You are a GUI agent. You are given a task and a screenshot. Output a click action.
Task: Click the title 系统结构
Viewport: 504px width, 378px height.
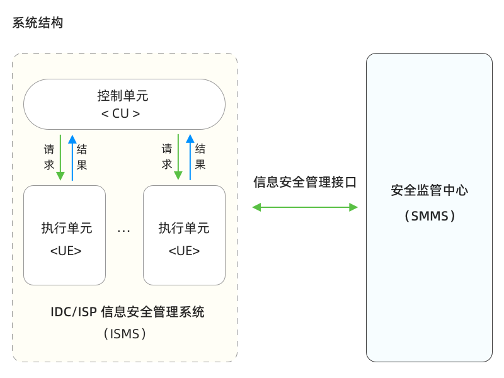(x=38, y=23)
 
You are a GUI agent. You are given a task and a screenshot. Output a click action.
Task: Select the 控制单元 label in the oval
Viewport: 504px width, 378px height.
(x=123, y=96)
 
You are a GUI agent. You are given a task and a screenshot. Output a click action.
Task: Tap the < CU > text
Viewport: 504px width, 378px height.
(x=120, y=113)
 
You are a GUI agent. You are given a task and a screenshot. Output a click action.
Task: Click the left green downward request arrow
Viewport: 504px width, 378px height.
(x=60, y=157)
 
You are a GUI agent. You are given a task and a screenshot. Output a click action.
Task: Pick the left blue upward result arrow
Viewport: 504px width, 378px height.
(x=72, y=157)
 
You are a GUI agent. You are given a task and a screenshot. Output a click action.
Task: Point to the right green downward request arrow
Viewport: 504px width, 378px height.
(x=178, y=157)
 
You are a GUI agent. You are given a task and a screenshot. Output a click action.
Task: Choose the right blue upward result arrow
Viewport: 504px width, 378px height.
(x=190, y=157)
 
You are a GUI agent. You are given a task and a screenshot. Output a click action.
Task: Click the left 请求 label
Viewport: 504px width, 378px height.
(x=49, y=157)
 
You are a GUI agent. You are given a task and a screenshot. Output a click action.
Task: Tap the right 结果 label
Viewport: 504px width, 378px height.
(x=200, y=156)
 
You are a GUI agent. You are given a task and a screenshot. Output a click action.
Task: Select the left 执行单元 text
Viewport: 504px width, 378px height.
(x=67, y=228)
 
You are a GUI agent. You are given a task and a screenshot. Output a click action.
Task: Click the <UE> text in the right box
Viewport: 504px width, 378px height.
(x=184, y=251)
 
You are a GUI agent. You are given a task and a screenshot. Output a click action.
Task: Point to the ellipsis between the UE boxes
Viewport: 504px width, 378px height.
(x=123, y=231)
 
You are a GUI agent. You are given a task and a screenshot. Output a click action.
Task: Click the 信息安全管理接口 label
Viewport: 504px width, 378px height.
(x=305, y=182)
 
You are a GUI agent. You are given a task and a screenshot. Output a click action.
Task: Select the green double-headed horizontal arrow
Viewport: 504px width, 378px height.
(x=305, y=207)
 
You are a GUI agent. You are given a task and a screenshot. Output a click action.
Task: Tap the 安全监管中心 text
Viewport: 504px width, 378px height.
(x=430, y=190)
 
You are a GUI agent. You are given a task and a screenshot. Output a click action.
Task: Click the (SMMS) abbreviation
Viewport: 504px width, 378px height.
(x=430, y=216)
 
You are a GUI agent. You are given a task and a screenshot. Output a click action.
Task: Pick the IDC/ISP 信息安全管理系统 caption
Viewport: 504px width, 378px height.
(x=128, y=312)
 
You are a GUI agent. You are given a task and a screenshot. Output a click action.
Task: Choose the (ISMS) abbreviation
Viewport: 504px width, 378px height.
(x=125, y=334)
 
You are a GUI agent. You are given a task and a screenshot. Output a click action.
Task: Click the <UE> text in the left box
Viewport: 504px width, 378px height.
(x=66, y=251)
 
